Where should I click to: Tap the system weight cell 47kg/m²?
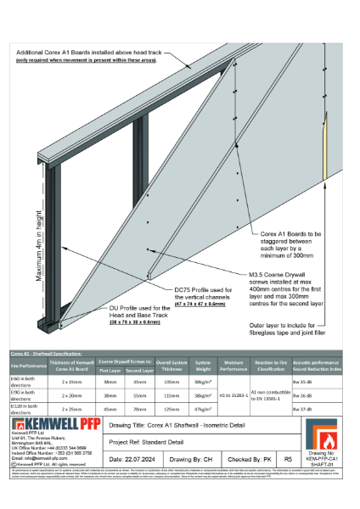202,411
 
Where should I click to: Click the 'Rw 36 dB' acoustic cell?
325,396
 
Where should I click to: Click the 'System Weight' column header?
202,366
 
